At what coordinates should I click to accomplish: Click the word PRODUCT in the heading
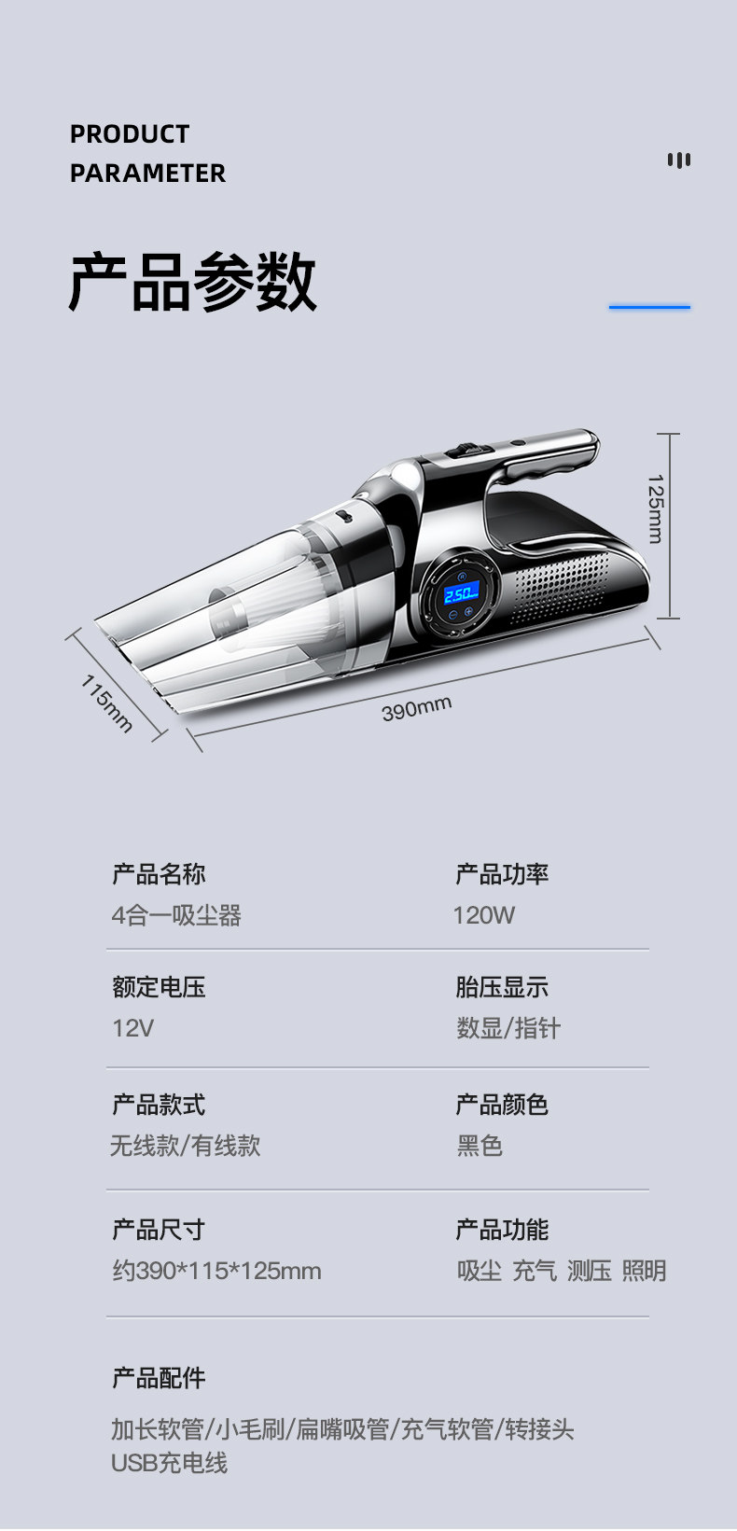130,134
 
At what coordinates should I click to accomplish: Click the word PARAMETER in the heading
147,174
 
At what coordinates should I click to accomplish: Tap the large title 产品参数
192,281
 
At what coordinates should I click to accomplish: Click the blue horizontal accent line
649,306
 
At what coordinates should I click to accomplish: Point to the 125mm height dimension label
655,508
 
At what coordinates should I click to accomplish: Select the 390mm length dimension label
416,708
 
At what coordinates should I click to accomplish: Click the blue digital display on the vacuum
461,592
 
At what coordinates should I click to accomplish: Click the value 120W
484,915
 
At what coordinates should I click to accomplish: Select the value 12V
132,1028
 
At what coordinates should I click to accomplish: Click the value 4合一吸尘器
176,915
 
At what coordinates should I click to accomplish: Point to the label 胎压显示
502,987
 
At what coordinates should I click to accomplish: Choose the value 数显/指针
508,1028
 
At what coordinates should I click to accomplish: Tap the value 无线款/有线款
186,1146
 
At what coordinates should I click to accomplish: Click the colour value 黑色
480,1146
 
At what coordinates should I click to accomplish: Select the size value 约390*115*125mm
216,1271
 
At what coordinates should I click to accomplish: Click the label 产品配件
159,1378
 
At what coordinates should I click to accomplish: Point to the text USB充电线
169,1463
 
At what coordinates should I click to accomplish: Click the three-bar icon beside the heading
679,160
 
